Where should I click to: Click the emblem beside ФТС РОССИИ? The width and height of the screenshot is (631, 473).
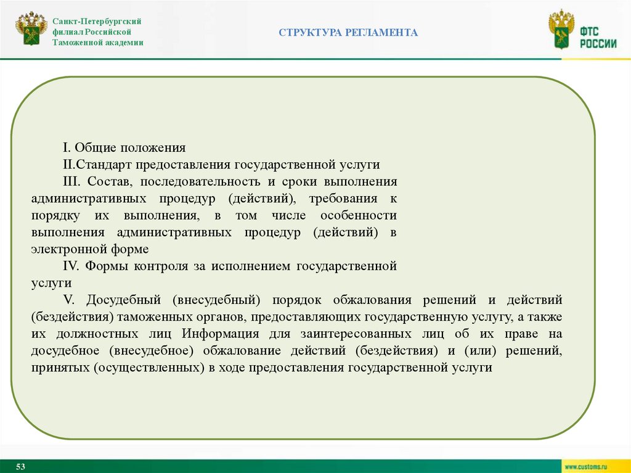point(561,31)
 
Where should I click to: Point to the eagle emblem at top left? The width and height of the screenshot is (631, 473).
point(31,28)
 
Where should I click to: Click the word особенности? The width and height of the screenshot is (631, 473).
point(358,216)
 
